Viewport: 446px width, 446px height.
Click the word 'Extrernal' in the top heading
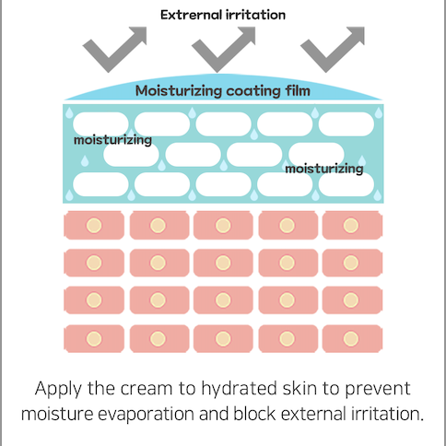click(x=191, y=15)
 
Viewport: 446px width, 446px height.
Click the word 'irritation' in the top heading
click(x=256, y=15)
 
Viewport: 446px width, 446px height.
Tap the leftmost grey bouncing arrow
click(x=113, y=49)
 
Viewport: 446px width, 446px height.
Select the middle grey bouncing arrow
click(x=223, y=49)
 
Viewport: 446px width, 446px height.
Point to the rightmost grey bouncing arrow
click(x=332, y=49)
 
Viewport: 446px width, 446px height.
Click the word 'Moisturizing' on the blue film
click(x=179, y=91)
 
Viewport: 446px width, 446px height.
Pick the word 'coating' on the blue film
click(x=253, y=91)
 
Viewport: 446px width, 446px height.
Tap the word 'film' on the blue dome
click(x=298, y=90)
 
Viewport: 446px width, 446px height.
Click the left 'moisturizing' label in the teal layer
click(x=112, y=140)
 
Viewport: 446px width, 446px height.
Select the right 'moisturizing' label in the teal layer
click(x=324, y=169)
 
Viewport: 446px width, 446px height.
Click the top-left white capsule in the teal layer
click(x=100, y=124)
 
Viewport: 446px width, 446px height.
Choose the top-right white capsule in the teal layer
click(x=346, y=124)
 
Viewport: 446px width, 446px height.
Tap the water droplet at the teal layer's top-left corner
click(x=69, y=112)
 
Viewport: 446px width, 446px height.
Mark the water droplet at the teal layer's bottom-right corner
click(x=378, y=195)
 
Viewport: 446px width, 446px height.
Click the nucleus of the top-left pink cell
click(x=94, y=225)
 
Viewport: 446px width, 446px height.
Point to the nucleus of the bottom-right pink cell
click(x=351, y=338)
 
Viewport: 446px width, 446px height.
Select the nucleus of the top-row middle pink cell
click(x=223, y=225)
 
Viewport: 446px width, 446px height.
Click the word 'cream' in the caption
click(x=146, y=390)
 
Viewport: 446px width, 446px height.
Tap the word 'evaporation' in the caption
click(x=146, y=415)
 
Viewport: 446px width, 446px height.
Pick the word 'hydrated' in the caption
click(x=240, y=389)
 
